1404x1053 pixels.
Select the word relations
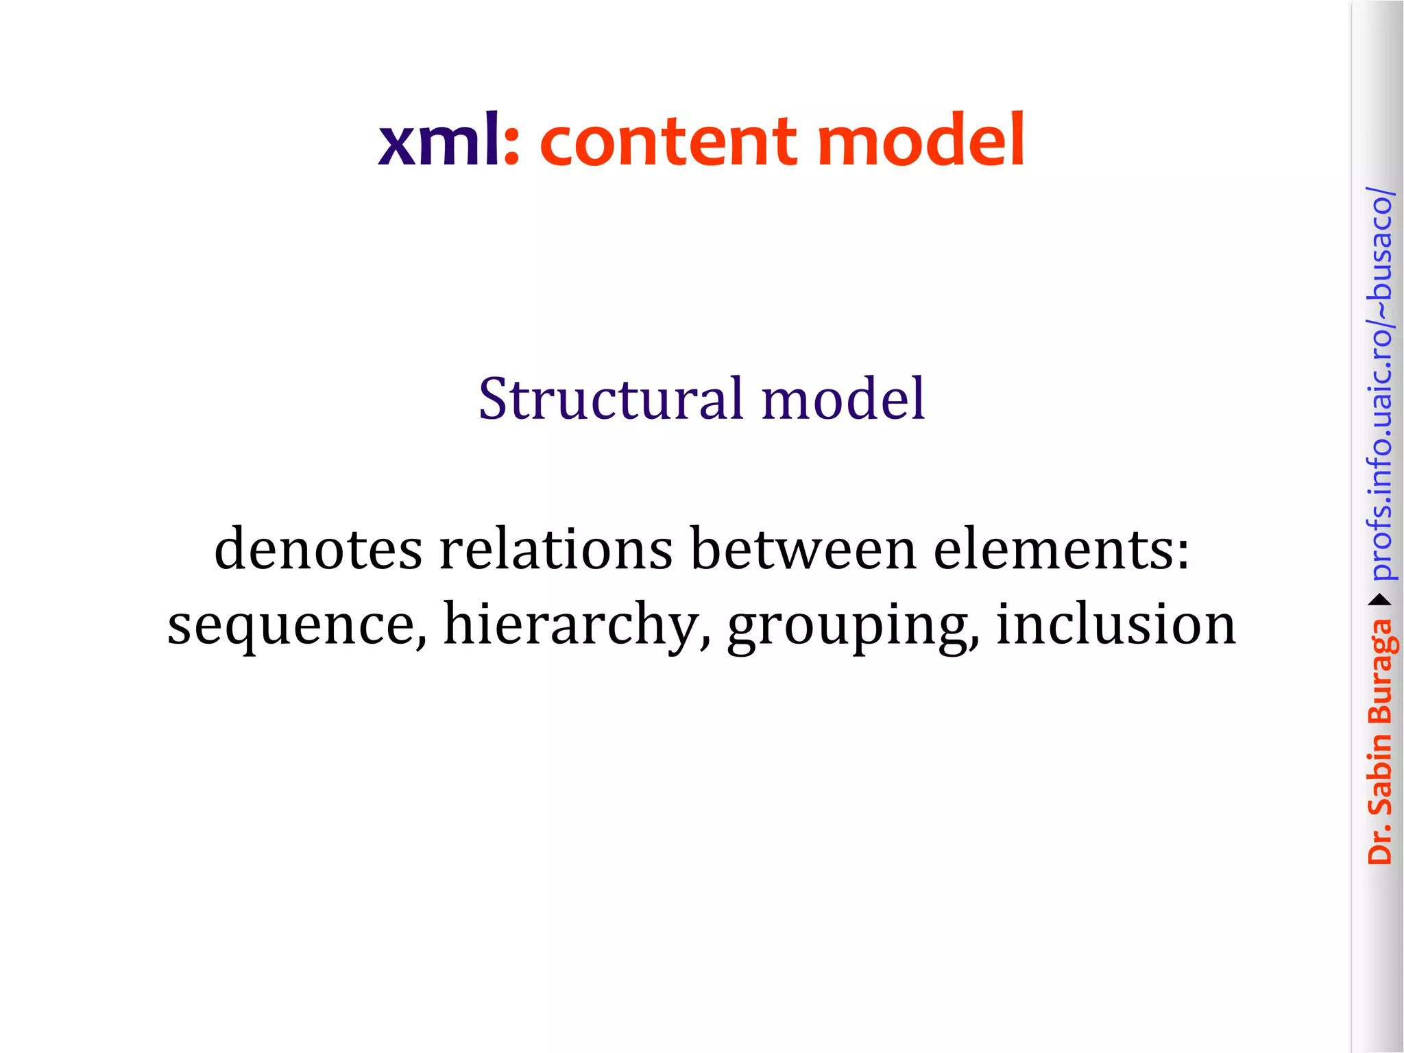click(556, 549)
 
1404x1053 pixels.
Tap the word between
click(803, 549)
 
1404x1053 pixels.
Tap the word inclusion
click(1115, 624)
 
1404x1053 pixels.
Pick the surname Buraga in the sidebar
click(1379, 671)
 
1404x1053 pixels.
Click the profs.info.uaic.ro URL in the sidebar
click(1379, 384)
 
